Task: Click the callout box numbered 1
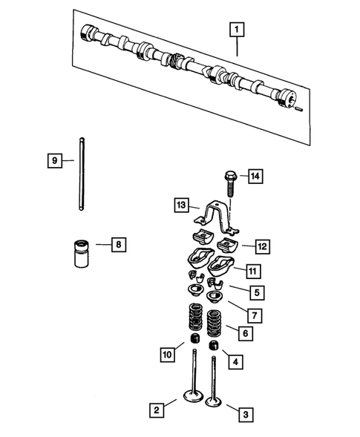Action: pyautogui.click(x=237, y=30)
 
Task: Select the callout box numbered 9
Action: pyautogui.click(x=53, y=160)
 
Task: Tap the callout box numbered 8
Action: pyautogui.click(x=118, y=243)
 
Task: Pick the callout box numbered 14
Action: pyautogui.click(x=255, y=176)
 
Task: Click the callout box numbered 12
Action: pyautogui.click(x=261, y=245)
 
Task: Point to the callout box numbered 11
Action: pyautogui.click(x=253, y=270)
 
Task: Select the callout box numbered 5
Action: pyautogui.click(x=255, y=292)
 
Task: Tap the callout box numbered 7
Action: pyautogui.click(x=254, y=315)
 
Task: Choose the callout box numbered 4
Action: pyautogui.click(x=235, y=362)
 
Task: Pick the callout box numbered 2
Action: pyautogui.click(x=156, y=409)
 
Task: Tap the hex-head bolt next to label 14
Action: pyautogui.click(x=228, y=183)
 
